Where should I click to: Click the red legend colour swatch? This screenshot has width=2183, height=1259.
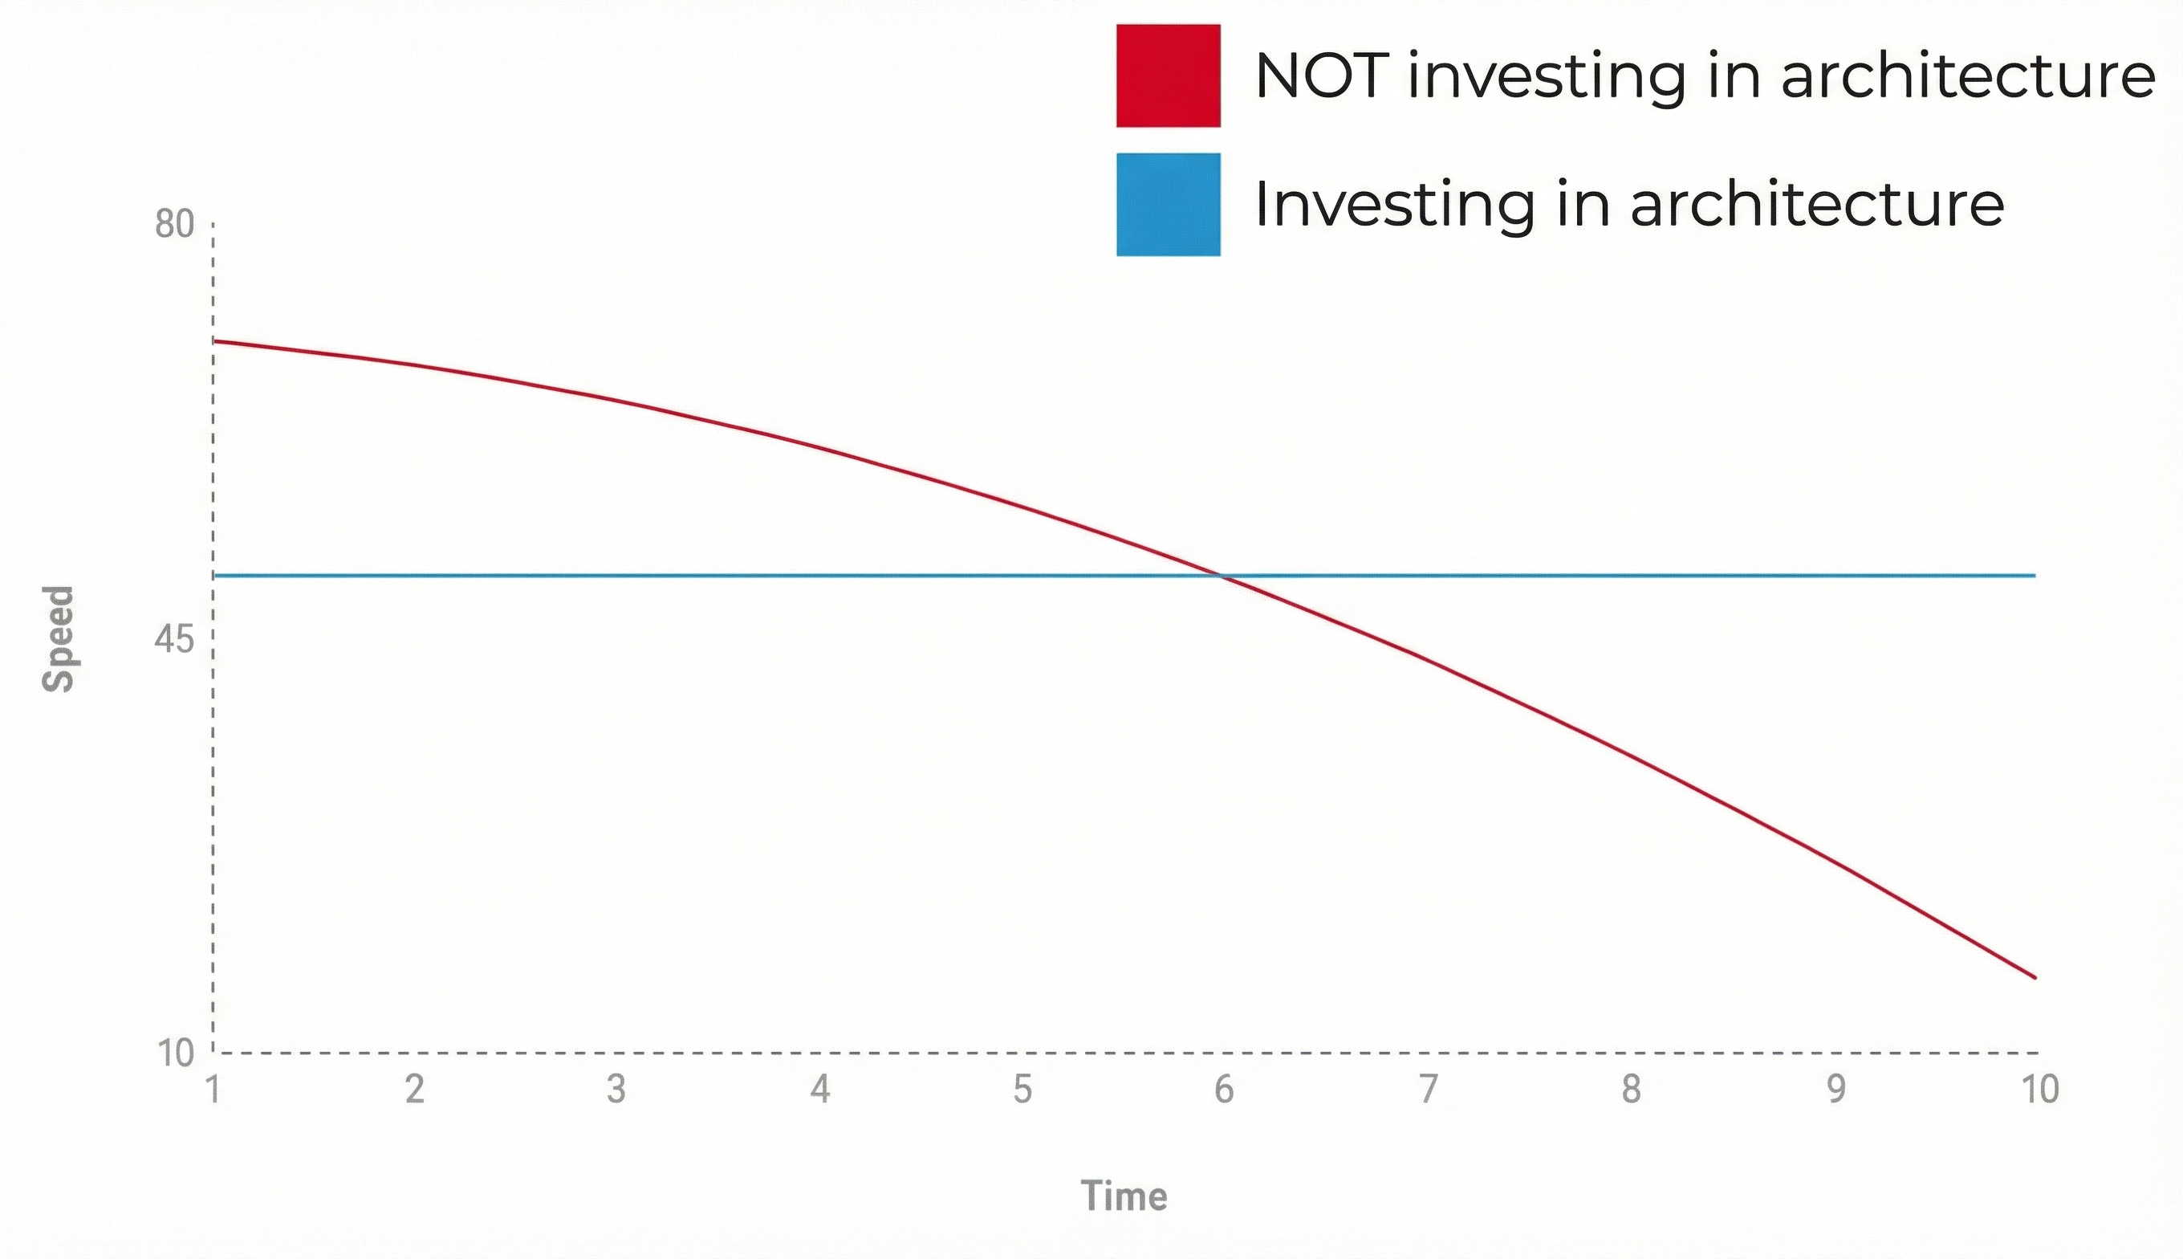coord(1168,75)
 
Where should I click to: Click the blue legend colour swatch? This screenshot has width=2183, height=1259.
coord(1168,204)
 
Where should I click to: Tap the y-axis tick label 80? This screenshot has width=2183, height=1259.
coord(175,225)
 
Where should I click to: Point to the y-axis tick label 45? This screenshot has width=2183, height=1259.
coord(175,640)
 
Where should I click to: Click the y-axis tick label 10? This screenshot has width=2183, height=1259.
coord(176,1053)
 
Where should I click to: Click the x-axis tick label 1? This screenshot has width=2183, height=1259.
coord(213,1090)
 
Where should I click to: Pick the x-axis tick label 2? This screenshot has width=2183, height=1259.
coord(415,1090)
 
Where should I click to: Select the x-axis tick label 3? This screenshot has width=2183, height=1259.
coord(616,1090)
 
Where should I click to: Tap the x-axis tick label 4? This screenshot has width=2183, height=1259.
coord(820,1090)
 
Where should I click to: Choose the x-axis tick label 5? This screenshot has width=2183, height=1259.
coord(1022,1090)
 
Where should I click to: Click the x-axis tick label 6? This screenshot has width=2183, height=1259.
coord(1224,1090)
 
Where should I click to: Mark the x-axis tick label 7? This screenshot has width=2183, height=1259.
coord(1429,1090)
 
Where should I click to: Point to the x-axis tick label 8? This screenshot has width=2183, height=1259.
coord(1631,1090)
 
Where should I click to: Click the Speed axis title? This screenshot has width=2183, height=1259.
coord(59,639)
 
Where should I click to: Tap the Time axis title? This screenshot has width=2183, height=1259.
coord(1124,1196)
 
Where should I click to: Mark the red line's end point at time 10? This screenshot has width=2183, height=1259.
coord(2035,978)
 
